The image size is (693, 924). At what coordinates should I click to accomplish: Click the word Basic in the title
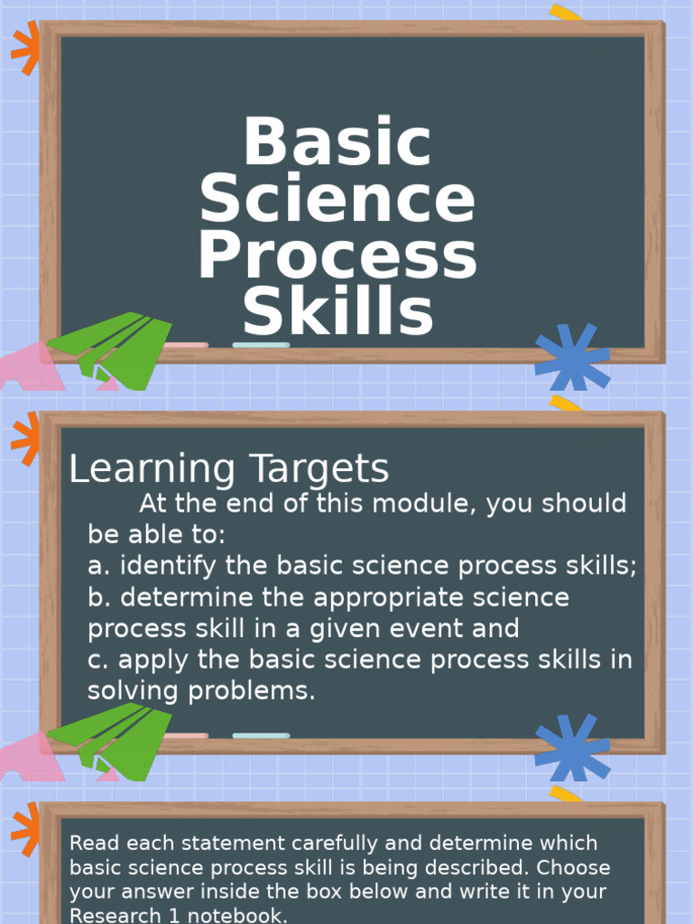coord(337,143)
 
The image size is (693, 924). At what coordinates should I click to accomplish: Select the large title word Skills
coord(337,312)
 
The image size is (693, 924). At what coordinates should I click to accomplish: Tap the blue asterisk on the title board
coord(572,356)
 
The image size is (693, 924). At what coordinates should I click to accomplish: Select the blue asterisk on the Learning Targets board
coord(572,746)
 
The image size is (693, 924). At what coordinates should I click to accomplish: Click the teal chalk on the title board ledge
coord(261,345)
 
